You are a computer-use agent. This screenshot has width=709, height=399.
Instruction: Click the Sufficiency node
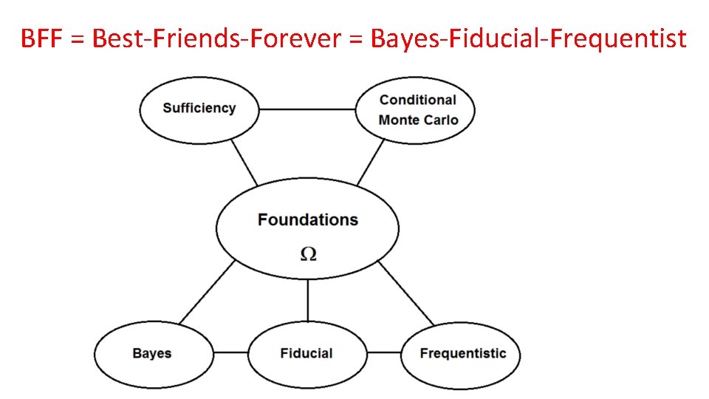click(x=199, y=109)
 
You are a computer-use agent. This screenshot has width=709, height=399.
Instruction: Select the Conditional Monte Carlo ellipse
click(x=416, y=110)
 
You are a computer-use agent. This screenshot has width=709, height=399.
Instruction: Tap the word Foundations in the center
click(x=307, y=219)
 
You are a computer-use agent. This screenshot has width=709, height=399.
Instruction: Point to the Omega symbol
click(x=309, y=253)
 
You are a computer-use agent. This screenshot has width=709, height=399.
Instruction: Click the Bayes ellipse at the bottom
click(x=152, y=353)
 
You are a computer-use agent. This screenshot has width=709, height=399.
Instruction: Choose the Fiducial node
click(x=306, y=353)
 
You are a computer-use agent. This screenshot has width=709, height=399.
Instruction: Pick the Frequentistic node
click(x=462, y=353)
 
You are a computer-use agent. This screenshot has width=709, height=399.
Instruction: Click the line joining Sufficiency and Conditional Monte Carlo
click(x=307, y=109)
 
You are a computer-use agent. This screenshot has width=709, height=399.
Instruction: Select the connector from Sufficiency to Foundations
click(x=244, y=163)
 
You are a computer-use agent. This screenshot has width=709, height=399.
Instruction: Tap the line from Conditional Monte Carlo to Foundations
click(x=371, y=163)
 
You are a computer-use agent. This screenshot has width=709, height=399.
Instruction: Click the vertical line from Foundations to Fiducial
click(x=307, y=301)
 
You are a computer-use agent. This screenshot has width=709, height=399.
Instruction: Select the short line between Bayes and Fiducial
click(x=229, y=353)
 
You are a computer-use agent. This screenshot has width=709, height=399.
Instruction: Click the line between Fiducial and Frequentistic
click(x=384, y=353)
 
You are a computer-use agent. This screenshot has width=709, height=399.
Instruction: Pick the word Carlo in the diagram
click(x=440, y=120)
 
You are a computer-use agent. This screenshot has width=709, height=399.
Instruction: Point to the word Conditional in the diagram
click(x=418, y=100)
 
